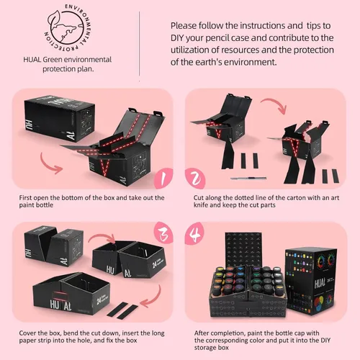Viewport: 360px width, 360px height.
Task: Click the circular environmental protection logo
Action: [x=68, y=27]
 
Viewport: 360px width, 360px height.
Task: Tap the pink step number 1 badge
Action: [x=163, y=179]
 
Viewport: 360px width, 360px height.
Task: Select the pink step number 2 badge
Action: [x=195, y=179]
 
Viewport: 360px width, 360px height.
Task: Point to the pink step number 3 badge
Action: [x=163, y=233]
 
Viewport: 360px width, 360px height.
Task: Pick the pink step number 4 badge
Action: [x=194, y=233]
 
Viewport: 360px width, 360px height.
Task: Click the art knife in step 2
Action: [x=248, y=179]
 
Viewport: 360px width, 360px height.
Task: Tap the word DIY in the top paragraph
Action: [x=177, y=38]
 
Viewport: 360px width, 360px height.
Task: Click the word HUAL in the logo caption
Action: [x=32, y=60]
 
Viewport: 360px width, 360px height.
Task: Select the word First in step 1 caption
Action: [x=25, y=198]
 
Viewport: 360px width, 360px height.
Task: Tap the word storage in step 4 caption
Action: [x=204, y=348]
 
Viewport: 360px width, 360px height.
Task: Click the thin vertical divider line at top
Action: [x=139, y=43]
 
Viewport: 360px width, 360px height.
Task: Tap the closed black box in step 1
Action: [x=60, y=118]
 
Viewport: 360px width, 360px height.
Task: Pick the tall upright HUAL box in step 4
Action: [x=311, y=281]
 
